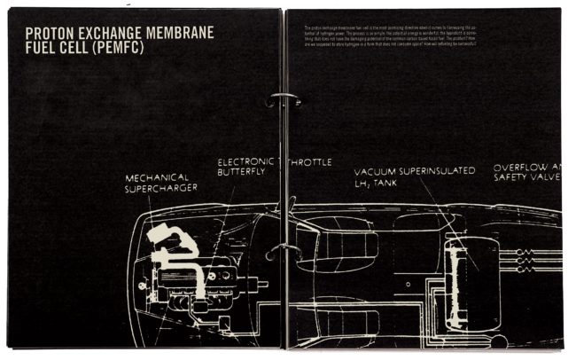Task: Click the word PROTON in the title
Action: (x=53, y=33)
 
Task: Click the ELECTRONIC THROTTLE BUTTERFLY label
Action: (x=274, y=167)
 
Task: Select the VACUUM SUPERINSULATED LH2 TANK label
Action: (x=415, y=176)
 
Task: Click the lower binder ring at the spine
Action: (x=283, y=250)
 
